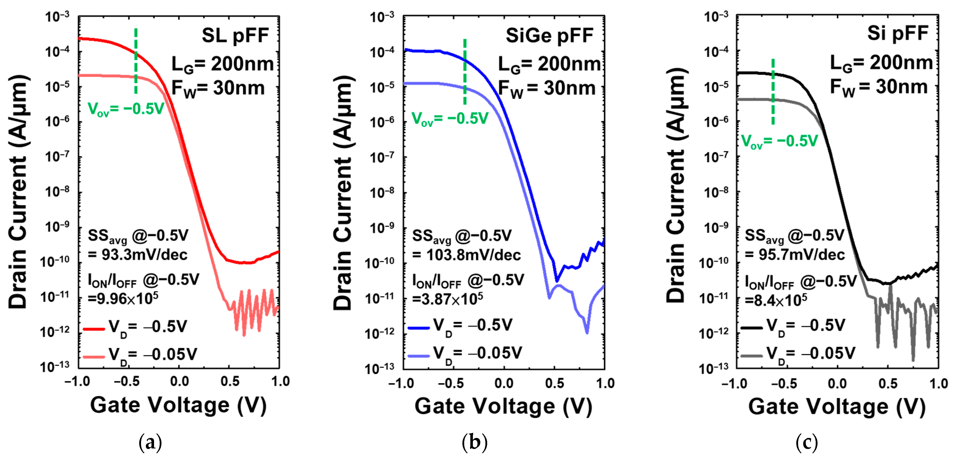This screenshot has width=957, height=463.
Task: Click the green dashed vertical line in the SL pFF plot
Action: point(136,61)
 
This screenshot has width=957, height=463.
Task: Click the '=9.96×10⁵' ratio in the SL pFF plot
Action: point(123,299)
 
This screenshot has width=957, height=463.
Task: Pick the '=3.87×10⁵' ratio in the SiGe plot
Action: point(448,299)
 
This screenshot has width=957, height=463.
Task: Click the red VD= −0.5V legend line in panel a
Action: point(94,329)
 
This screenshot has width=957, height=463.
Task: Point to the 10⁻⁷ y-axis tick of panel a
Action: point(57,156)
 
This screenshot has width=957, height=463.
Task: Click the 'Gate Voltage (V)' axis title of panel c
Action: point(837,406)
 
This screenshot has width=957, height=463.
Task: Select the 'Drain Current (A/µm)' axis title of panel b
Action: point(343,193)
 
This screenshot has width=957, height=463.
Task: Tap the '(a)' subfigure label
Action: point(150,443)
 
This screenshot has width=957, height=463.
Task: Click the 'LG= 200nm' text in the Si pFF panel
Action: point(881,63)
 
